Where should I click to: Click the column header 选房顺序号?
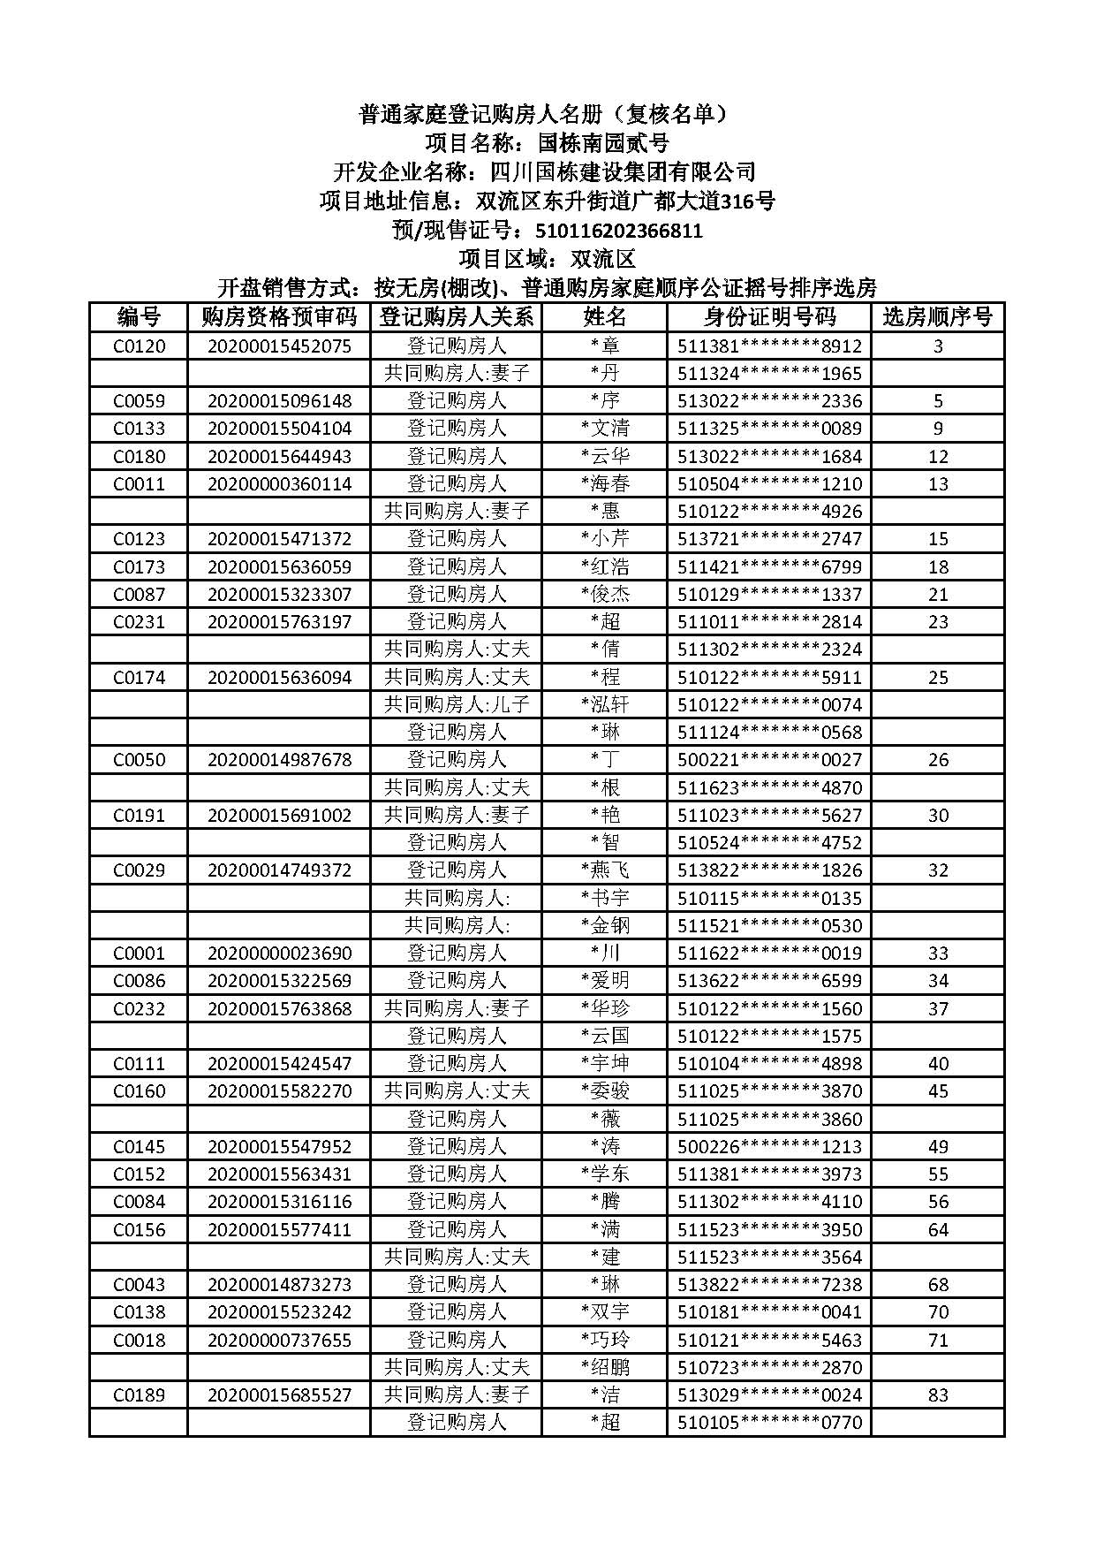pos(937,317)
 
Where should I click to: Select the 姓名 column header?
pos(604,317)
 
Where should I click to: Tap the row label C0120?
pos(139,346)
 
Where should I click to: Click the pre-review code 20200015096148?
pos(279,401)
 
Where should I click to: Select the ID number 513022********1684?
pos(769,457)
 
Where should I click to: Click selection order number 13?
pos(938,484)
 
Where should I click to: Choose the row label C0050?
pos(139,760)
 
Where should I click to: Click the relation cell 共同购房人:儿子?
pos(456,704)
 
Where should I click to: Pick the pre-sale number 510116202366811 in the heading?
pos(619,232)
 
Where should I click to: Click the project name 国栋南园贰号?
pos(603,143)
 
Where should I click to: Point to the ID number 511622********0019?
pos(769,954)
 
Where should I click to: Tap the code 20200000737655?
pos(279,1340)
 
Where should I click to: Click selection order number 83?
pos(938,1395)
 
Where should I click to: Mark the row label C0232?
pos(139,1008)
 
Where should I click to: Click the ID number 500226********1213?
pos(769,1147)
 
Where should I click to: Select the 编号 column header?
pos(139,317)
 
